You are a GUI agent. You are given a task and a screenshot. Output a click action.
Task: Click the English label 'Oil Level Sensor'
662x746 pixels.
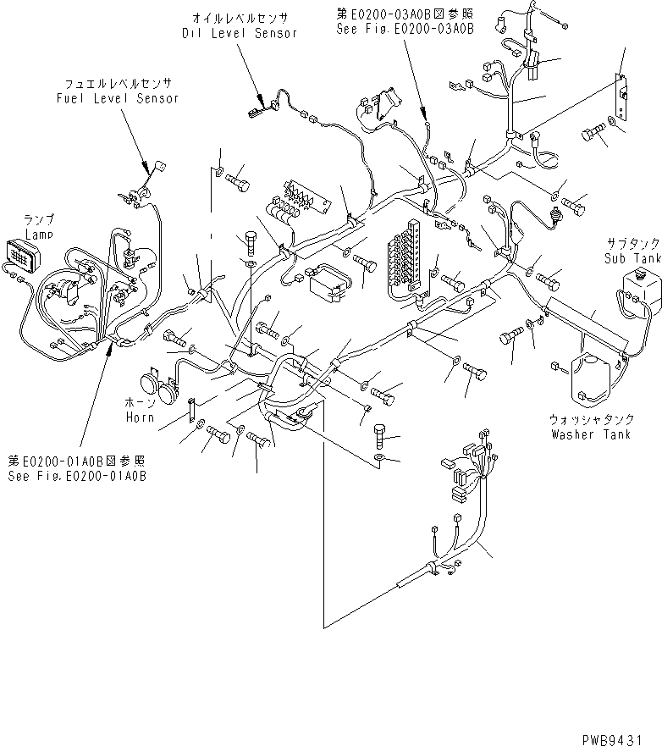click(240, 33)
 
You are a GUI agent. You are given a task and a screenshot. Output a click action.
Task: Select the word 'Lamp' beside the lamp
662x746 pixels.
click(38, 233)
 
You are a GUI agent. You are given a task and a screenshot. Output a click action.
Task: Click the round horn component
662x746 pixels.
click(160, 387)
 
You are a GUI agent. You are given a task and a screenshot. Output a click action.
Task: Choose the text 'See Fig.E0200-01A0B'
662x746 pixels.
click(77, 476)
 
